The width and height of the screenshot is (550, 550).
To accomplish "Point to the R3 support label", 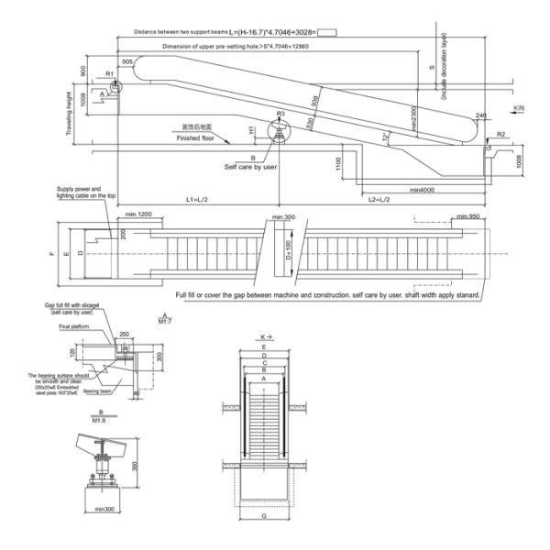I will [x=280, y=115].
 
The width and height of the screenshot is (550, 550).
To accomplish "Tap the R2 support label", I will [x=501, y=135].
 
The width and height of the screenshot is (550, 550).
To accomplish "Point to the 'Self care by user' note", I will [x=249, y=168].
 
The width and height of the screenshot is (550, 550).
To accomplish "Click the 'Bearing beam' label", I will [x=97, y=390].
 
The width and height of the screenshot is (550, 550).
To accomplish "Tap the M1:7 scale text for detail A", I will [x=166, y=321].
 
